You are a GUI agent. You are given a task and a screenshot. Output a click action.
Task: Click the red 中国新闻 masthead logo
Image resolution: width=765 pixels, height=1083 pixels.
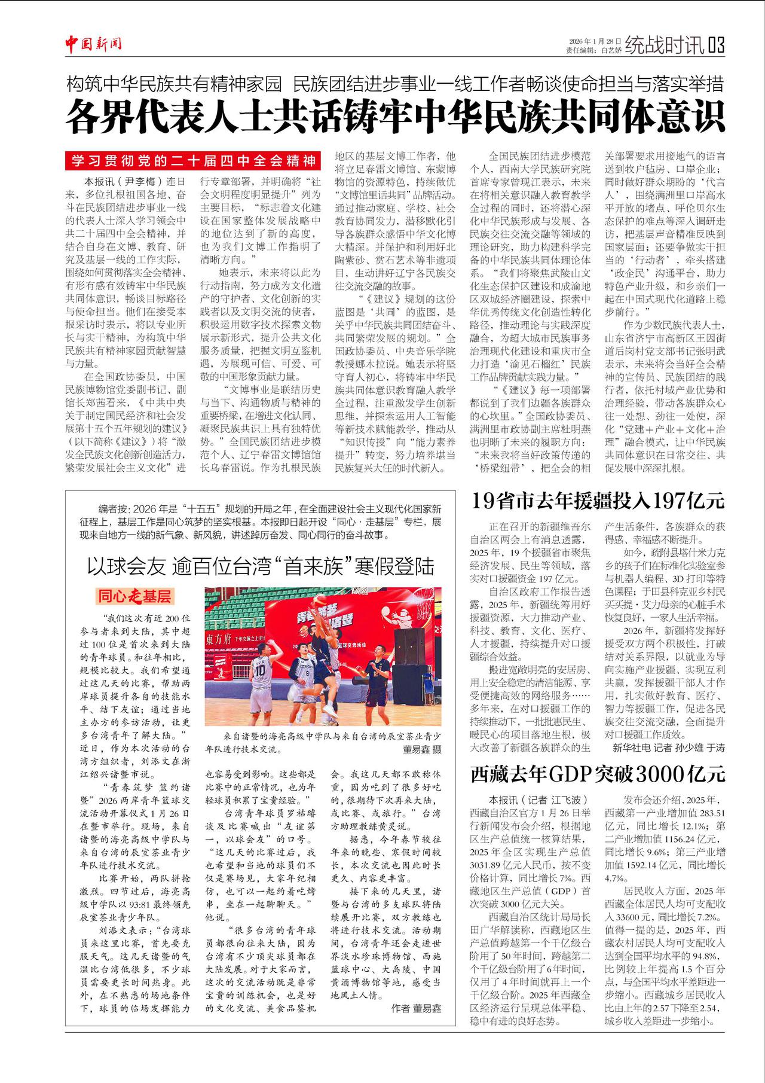94,44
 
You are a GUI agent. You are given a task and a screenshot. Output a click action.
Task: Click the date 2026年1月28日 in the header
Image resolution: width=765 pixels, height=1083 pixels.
595,41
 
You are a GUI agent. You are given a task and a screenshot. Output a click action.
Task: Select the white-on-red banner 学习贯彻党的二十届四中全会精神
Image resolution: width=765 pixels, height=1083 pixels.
194,161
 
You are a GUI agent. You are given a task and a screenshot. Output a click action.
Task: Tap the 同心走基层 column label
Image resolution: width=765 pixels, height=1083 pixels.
134,596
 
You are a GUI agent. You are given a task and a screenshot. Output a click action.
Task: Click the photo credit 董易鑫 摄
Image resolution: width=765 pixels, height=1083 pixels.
421,749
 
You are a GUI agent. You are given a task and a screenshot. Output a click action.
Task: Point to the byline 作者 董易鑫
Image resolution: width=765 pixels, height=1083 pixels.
416,1008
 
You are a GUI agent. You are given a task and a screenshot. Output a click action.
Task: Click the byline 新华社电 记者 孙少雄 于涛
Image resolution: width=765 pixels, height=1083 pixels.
669,748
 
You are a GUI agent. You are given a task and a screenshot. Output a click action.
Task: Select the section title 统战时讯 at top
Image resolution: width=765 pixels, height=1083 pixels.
665,45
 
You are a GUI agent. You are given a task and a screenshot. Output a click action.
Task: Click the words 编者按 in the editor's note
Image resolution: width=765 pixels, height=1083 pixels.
114,510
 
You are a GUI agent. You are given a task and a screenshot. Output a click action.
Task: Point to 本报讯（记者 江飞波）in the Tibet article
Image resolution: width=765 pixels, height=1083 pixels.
538,800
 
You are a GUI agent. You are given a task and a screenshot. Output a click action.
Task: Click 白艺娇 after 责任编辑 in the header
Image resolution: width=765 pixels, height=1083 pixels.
611,50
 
